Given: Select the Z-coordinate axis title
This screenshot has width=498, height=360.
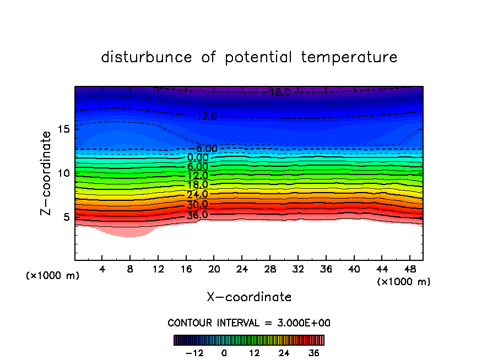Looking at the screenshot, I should click(x=46, y=173).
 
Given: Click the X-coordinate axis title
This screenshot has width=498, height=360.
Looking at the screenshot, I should click(x=249, y=297).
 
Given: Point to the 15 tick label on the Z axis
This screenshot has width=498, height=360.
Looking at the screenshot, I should click(x=63, y=129).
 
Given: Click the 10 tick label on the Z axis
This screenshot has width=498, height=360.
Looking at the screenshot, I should click(x=63, y=173).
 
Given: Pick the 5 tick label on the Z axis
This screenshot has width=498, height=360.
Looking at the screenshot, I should click(x=66, y=217).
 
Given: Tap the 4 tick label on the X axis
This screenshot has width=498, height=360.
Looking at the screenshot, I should click(x=102, y=269).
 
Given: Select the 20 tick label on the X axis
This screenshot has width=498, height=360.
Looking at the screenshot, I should click(x=214, y=269).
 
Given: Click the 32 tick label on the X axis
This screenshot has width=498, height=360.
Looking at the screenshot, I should click(x=297, y=269).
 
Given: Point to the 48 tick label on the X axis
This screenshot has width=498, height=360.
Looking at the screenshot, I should click(x=409, y=269).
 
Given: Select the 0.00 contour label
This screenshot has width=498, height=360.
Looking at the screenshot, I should click(x=198, y=157).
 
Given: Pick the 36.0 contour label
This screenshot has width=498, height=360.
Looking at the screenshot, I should click(x=197, y=215).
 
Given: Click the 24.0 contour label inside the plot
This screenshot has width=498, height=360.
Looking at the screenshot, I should click(x=197, y=194).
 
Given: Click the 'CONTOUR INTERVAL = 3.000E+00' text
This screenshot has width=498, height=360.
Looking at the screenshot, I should click(x=249, y=323).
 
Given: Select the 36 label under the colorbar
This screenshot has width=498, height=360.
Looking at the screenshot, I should click(x=314, y=353).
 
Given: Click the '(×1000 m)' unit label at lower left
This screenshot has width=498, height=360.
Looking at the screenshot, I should click(x=53, y=276).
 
